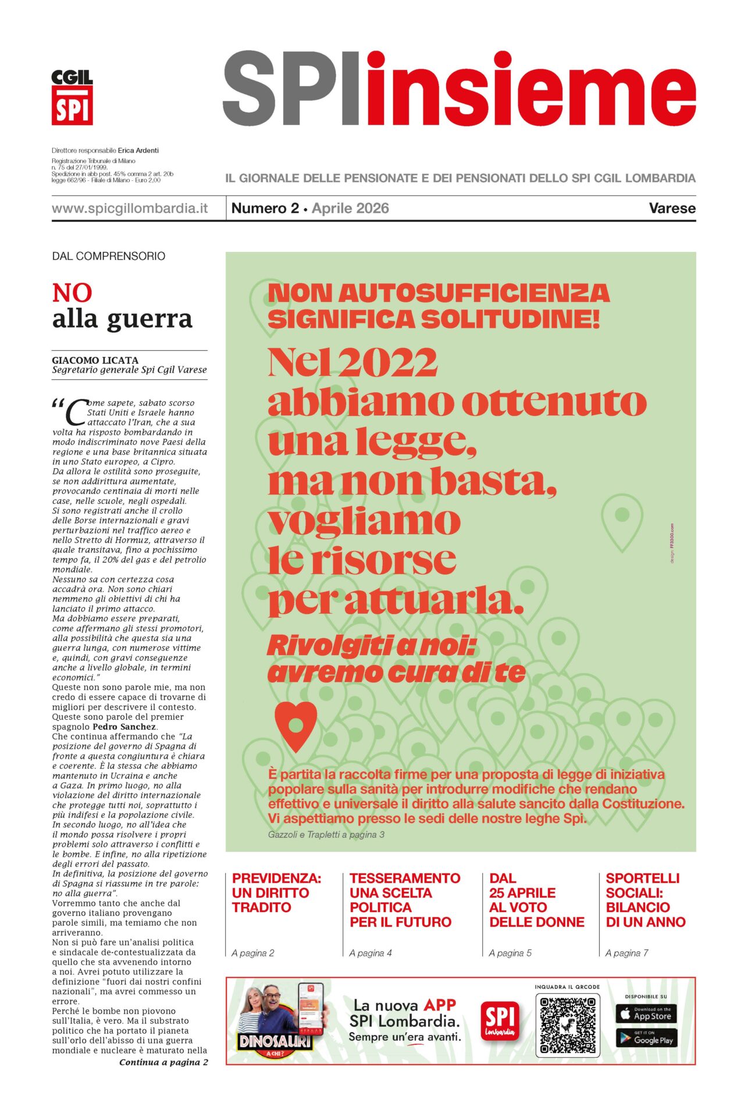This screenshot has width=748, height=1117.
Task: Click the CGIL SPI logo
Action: (72, 97)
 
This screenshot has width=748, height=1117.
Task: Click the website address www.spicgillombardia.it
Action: (130, 208)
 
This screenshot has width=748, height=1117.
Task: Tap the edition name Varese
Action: (672, 208)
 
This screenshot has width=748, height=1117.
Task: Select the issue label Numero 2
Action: (265, 208)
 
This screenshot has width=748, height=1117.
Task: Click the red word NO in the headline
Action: (72, 293)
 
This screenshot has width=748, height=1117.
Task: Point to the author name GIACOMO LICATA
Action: (95, 360)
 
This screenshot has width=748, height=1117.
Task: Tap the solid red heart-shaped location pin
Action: (296, 726)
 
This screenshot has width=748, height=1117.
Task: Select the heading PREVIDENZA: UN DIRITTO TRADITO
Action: (276, 892)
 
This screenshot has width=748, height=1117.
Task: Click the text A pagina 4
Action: (371, 953)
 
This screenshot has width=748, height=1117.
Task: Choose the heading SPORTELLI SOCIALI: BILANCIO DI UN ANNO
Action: (645, 900)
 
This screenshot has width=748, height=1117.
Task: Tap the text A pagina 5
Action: (510, 953)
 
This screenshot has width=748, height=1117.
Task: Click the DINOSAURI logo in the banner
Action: (275, 1042)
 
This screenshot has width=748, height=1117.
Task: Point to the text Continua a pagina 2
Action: (163, 1062)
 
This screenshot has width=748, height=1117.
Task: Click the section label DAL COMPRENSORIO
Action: (109, 256)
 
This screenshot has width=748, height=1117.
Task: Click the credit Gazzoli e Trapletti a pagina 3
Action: (326, 834)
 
